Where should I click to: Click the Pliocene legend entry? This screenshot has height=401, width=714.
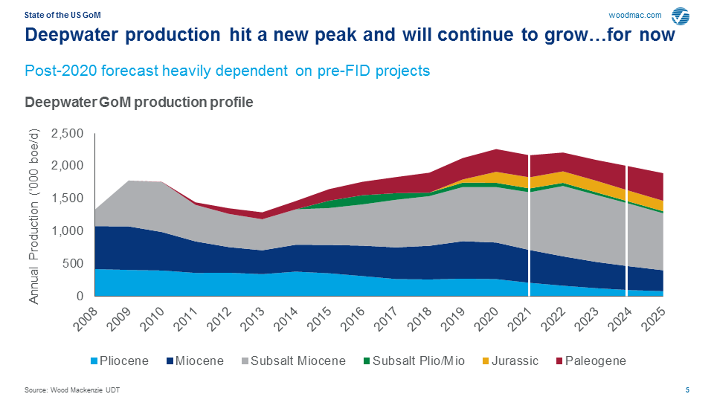click(x=119, y=361)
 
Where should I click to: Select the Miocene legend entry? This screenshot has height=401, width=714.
click(x=195, y=361)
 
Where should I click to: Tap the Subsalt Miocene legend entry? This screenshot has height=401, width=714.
click(x=294, y=361)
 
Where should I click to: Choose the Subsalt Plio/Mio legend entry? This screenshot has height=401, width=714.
click(x=414, y=361)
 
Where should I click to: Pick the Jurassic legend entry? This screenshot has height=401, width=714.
click(x=511, y=361)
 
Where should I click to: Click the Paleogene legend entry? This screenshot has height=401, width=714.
click(x=591, y=361)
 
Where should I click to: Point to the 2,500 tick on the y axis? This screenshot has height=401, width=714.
click(x=67, y=134)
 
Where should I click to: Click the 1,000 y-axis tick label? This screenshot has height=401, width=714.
click(x=67, y=231)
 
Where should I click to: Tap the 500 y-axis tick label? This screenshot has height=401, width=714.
click(x=73, y=264)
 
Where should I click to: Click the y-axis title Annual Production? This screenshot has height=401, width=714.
click(x=34, y=216)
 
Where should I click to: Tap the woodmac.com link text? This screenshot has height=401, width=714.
click(x=635, y=15)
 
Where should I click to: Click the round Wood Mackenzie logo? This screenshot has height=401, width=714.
click(x=680, y=16)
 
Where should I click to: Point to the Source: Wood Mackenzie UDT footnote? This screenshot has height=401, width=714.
click(x=72, y=390)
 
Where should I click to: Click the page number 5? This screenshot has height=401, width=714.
click(x=687, y=390)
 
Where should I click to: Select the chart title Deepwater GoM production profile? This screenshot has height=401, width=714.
click(x=139, y=102)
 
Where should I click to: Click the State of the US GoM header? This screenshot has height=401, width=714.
click(x=62, y=15)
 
